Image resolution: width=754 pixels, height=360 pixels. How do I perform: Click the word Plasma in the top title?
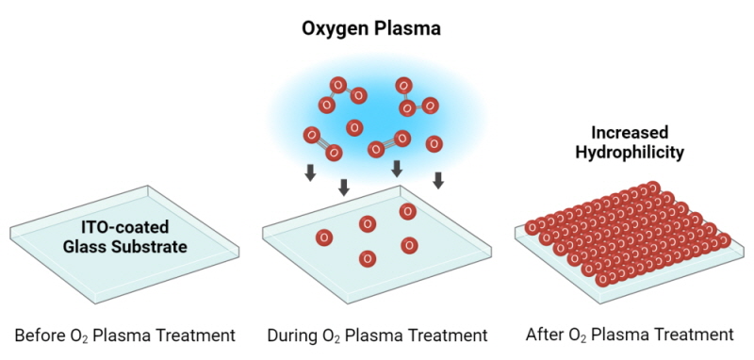tap(408, 28)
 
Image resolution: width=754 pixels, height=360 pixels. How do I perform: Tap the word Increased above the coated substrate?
tap(631, 133)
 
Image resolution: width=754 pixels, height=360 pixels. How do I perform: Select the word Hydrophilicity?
tap(631, 151)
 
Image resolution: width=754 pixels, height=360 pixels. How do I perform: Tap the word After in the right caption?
tap(545, 335)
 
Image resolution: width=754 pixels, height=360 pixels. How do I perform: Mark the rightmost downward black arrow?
tap(438, 179)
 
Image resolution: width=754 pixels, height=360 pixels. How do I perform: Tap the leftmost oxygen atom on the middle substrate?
tap(324, 237)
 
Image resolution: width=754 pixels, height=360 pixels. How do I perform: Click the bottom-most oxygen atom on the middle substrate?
tap(366, 258)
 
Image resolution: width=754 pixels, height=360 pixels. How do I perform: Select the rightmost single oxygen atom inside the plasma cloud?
tap(434, 144)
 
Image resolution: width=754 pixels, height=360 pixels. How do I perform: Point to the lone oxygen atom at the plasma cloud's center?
tap(355, 127)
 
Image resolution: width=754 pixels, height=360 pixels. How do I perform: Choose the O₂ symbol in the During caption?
tap(332, 335)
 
